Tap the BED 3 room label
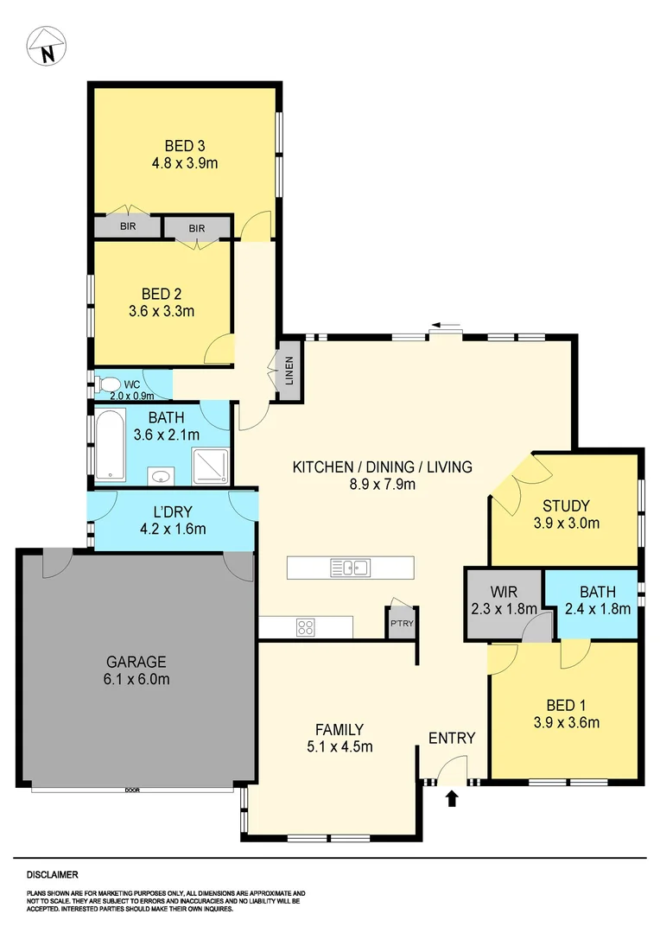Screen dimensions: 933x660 coord(184,145)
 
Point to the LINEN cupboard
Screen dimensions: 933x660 coord(289,372)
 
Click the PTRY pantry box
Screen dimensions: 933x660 coord(400,623)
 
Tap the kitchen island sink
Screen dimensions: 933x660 coord(350,568)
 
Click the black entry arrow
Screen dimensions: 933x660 coord(452,798)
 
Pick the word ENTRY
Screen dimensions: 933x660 coord(452,738)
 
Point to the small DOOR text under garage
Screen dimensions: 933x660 coord(132,790)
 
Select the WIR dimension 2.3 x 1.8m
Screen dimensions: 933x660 coord(504,608)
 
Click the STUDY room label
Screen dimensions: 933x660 coord(566,505)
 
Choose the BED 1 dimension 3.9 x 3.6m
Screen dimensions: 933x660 coord(566,723)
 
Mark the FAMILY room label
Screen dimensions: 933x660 coord(339,729)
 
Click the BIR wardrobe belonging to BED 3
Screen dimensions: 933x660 coord(128,226)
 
